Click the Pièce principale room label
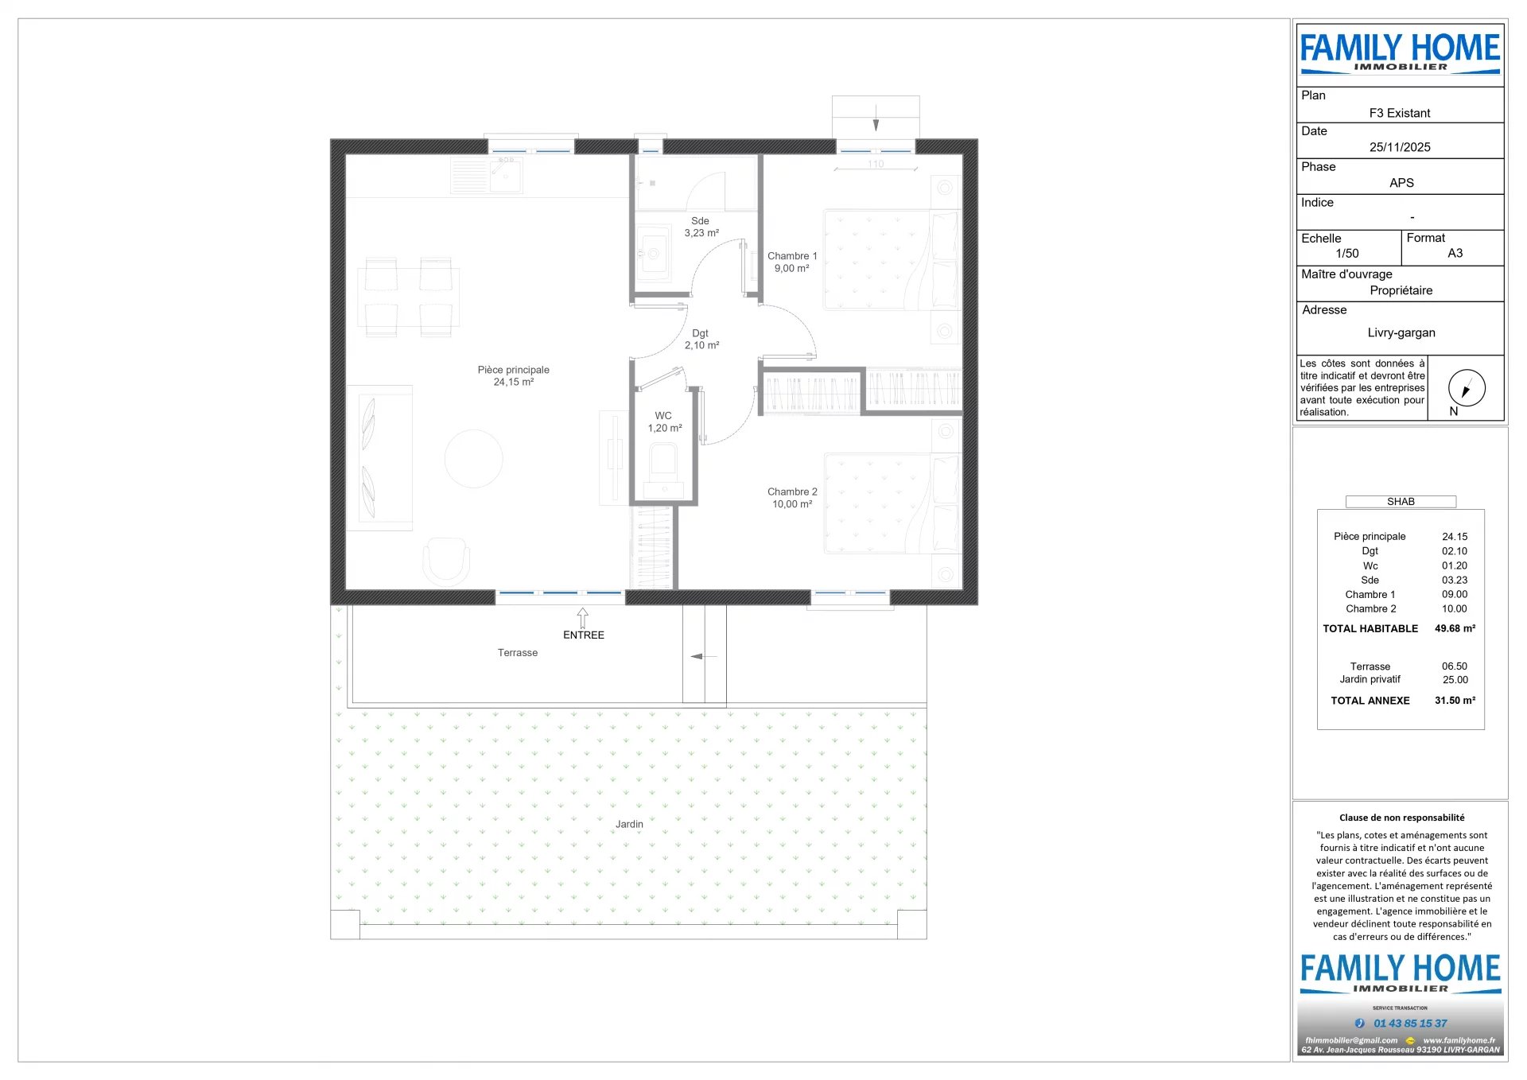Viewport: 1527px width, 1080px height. [x=513, y=375]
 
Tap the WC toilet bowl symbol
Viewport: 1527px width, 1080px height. [x=662, y=462]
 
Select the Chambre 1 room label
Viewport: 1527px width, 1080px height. [x=791, y=262]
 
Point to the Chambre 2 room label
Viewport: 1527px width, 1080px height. [x=791, y=498]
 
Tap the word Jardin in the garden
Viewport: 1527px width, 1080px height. [x=629, y=824]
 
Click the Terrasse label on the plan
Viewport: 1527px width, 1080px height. [x=517, y=653]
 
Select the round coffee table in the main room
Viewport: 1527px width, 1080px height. [x=473, y=458]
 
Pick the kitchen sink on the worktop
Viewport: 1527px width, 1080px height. [x=505, y=173]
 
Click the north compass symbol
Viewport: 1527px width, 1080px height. [x=1466, y=388]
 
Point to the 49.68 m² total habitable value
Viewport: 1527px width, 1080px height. [x=1455, y=628]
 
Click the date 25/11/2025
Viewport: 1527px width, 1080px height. [x=1399, y=147]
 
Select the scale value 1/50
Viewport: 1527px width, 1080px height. [x=1346, y=254]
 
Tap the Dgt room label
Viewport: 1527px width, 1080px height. [x=701, y=339]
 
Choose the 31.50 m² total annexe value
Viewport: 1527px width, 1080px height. [x=1455, y=701]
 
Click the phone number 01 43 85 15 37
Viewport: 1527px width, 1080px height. [x=1409, y=1024]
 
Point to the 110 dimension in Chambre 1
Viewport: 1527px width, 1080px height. [x=875, y=164]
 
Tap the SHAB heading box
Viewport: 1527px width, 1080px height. [x=1401, y=502]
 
